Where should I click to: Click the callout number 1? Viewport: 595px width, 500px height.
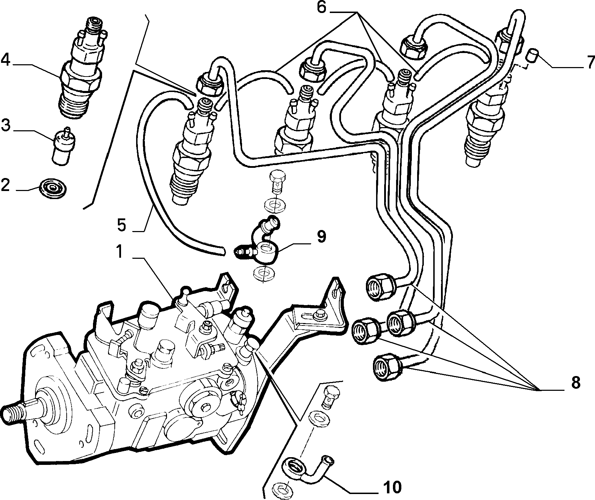coord(120,252)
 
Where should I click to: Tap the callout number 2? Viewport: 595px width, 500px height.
coord(6,185)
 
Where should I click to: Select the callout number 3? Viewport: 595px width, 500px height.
coord(6,125)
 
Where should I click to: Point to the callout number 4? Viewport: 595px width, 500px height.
coord(6,60)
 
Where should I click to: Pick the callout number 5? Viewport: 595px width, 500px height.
coord(121,225)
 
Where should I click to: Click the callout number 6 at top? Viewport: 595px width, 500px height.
coord(322,7)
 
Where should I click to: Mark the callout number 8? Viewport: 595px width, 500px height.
coord(575,383)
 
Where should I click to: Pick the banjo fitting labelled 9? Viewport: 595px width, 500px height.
coord(262,243)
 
